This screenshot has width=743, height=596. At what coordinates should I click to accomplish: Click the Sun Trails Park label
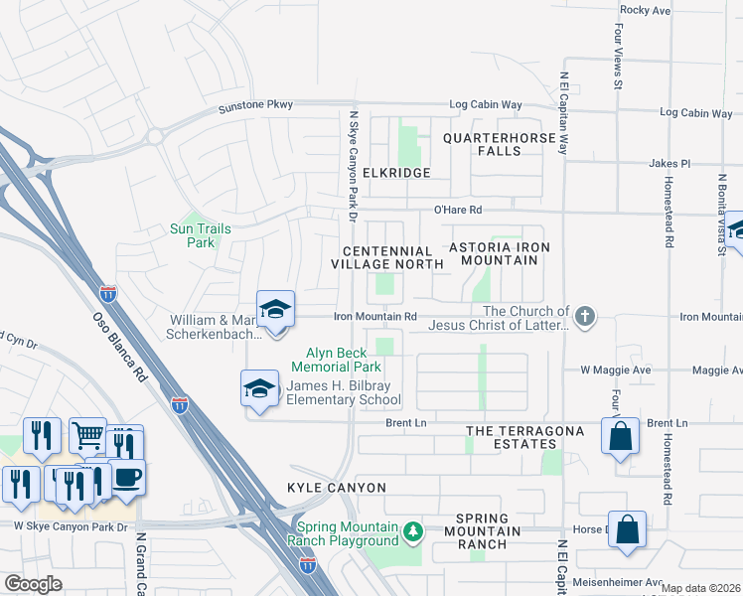coord(201,235)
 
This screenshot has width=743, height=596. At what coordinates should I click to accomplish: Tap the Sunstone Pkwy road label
coord(248,105)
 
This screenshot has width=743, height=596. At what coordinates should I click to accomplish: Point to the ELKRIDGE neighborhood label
coord(397,173)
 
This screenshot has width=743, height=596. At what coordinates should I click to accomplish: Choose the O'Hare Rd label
coord(457,210)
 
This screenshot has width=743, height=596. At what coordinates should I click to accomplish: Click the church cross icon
coord(586,317)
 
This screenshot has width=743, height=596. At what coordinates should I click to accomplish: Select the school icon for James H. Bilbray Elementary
coord(259,387)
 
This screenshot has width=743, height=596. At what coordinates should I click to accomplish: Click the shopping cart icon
coord(87,434)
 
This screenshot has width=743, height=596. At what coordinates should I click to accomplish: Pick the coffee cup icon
coord(127,477)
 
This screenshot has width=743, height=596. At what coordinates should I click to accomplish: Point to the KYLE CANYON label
coord(322,489)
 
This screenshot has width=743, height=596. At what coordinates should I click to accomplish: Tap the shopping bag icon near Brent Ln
coord(620,436)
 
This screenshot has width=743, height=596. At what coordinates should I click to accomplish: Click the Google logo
coord(32,584)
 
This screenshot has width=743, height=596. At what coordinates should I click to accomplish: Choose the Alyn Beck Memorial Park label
coord(344,360)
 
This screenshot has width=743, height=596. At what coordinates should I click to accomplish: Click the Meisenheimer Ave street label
coord(626,583)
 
